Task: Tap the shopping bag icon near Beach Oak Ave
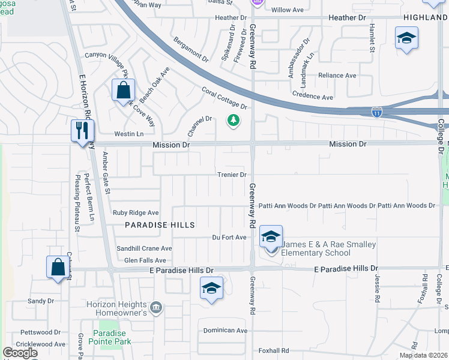(123, 91)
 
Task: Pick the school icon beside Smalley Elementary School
(271, 237)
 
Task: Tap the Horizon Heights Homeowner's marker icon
(155, 308)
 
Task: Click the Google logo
(20, 353)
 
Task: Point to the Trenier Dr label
(232, 175)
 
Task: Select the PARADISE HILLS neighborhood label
(160, 224)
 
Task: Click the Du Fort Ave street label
(229, 238)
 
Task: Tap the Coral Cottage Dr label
(224, 98)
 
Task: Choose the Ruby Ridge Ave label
(136, 212)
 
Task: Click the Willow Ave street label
(288, 10)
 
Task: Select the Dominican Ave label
(225, 331)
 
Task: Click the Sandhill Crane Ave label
(144, 248)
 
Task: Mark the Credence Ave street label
(312, 97)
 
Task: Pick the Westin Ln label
(130, 134)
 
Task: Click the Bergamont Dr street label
(190, 51)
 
